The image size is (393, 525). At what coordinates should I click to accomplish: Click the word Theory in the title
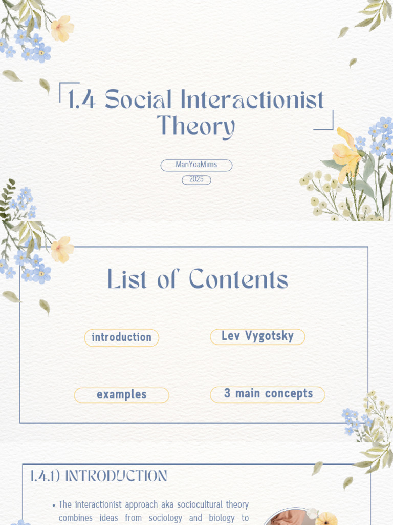click(196, 127)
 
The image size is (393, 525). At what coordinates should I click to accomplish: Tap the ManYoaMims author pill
click(196, 165)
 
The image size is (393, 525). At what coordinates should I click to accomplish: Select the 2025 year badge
click(196, 179)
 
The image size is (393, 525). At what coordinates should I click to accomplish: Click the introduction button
click(122, 337)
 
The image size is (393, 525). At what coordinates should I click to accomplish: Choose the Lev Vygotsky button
click(257, 336)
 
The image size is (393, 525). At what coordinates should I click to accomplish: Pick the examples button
click(122, 395)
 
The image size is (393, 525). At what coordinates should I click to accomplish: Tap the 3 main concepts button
click(268, 394)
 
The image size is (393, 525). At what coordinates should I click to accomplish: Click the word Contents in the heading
click(238, 280)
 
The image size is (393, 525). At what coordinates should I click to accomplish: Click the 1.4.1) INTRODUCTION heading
click(98, 476)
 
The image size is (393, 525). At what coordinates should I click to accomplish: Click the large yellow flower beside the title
click(345, 154)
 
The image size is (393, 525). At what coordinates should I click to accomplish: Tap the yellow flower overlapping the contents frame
click(61, 249)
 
